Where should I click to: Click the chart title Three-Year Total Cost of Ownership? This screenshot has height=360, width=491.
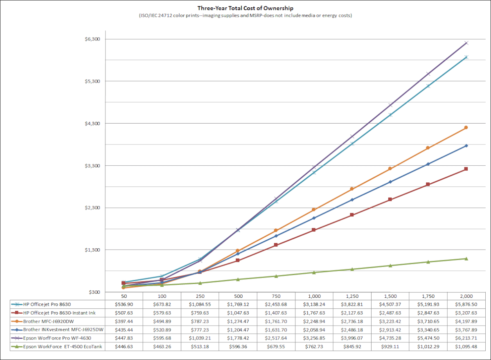click(245, 8)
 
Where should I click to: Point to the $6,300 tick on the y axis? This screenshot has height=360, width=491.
click(92, 39)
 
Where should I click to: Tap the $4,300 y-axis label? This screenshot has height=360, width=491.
click(92, 124)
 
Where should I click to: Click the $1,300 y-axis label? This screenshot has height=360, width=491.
click(92, 250)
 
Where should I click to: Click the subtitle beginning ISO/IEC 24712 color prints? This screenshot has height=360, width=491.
click(245, 16)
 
